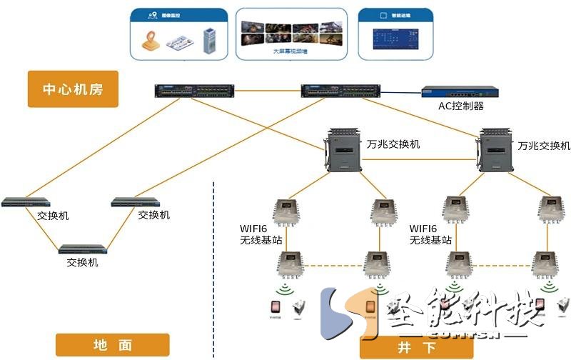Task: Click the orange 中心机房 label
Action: [72, 90]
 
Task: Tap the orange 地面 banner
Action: [113, 344]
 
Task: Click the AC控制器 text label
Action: [461, 106]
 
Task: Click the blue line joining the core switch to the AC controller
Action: [400, 92]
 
